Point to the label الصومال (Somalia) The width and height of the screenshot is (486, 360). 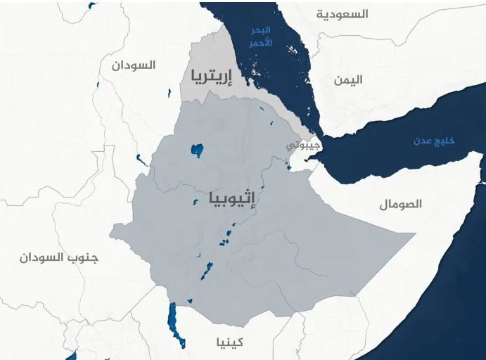point(400,204)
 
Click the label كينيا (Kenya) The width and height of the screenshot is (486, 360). point(230,342)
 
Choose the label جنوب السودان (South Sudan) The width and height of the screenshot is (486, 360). point(59,257)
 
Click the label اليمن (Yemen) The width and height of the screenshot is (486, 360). point(348,79)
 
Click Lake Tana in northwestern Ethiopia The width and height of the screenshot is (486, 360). point(197,150)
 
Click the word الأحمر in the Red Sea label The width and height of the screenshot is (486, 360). point(260,42)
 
